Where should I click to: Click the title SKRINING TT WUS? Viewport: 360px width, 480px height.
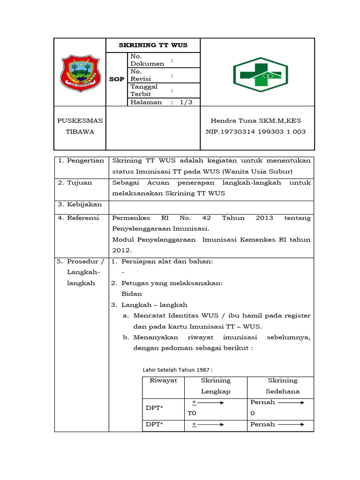(x=153, y=45)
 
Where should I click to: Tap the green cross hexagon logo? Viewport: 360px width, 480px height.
(x=260, y=72)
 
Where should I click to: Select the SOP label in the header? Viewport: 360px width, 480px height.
(x=117, y=79)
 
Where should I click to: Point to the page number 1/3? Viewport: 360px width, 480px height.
(x=186, y=102)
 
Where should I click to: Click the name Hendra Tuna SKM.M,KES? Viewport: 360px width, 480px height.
(x=255, y=120)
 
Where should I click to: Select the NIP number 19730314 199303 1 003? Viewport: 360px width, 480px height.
(x=255, y=132)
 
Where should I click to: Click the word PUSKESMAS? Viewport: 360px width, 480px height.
(x=80, y=120)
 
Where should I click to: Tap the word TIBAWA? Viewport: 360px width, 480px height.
(x=80, y=132)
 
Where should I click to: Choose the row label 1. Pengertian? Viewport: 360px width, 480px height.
(x=81, y=161)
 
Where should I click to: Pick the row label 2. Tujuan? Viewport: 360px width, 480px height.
(x=75, y=183)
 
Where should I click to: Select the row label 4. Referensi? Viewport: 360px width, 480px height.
(x=78, y=218)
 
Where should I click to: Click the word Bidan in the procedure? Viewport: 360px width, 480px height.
(x=132, y=294)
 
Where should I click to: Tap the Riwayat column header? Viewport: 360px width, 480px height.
(x=163, y=381)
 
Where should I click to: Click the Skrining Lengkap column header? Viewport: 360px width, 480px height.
(x=216, y=386)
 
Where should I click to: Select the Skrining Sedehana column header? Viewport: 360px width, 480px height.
(x=283, y=386)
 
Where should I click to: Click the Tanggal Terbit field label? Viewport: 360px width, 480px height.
(x=144, y=90)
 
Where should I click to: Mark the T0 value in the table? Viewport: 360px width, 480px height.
(x=192, y=413)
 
